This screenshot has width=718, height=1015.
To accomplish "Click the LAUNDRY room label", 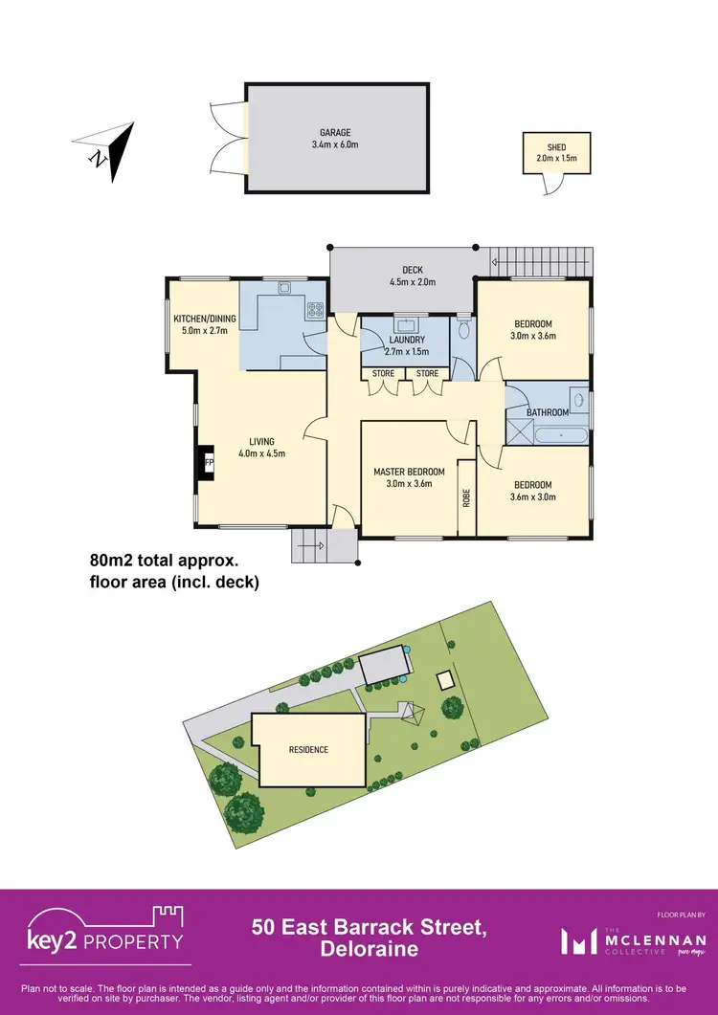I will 407,340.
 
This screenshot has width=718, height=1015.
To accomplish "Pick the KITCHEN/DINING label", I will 204,319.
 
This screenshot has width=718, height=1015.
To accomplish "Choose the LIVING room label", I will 262,441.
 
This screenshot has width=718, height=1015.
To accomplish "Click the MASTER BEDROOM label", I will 409,472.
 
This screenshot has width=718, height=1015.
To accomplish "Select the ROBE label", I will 466,496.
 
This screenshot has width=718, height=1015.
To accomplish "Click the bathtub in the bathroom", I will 562,436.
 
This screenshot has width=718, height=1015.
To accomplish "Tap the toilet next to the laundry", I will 464,331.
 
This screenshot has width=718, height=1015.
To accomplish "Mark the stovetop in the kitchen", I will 315,308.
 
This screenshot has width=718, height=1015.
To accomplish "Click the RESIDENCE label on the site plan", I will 308,749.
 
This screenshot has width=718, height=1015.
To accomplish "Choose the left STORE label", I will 383,373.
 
